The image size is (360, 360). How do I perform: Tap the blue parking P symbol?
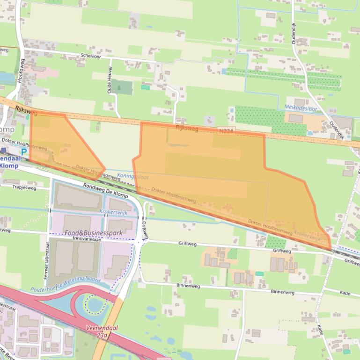pyautogui.click(x=23, y=151)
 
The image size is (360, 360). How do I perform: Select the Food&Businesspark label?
pyautogui.click(x=94, y=232)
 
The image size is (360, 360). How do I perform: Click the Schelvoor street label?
pyautogui.click(x=91, y=56)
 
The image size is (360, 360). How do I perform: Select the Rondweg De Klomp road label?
pyautogui.click(x=105, y=190)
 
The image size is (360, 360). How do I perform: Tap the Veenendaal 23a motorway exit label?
pyautogui.click(x=102, y=331)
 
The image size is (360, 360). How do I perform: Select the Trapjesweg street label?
pyautogui.click(x=24, y=187)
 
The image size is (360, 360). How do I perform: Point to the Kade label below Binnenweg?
pyautogui.click(x=320, y=329)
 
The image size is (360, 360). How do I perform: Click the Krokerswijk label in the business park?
pyautogui.click(x=114, y=211)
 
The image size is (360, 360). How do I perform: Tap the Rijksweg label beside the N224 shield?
pyautogui.click(x=187, y=128)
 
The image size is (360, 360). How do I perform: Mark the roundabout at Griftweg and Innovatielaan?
pyautogui.click(x=140, y=242)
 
